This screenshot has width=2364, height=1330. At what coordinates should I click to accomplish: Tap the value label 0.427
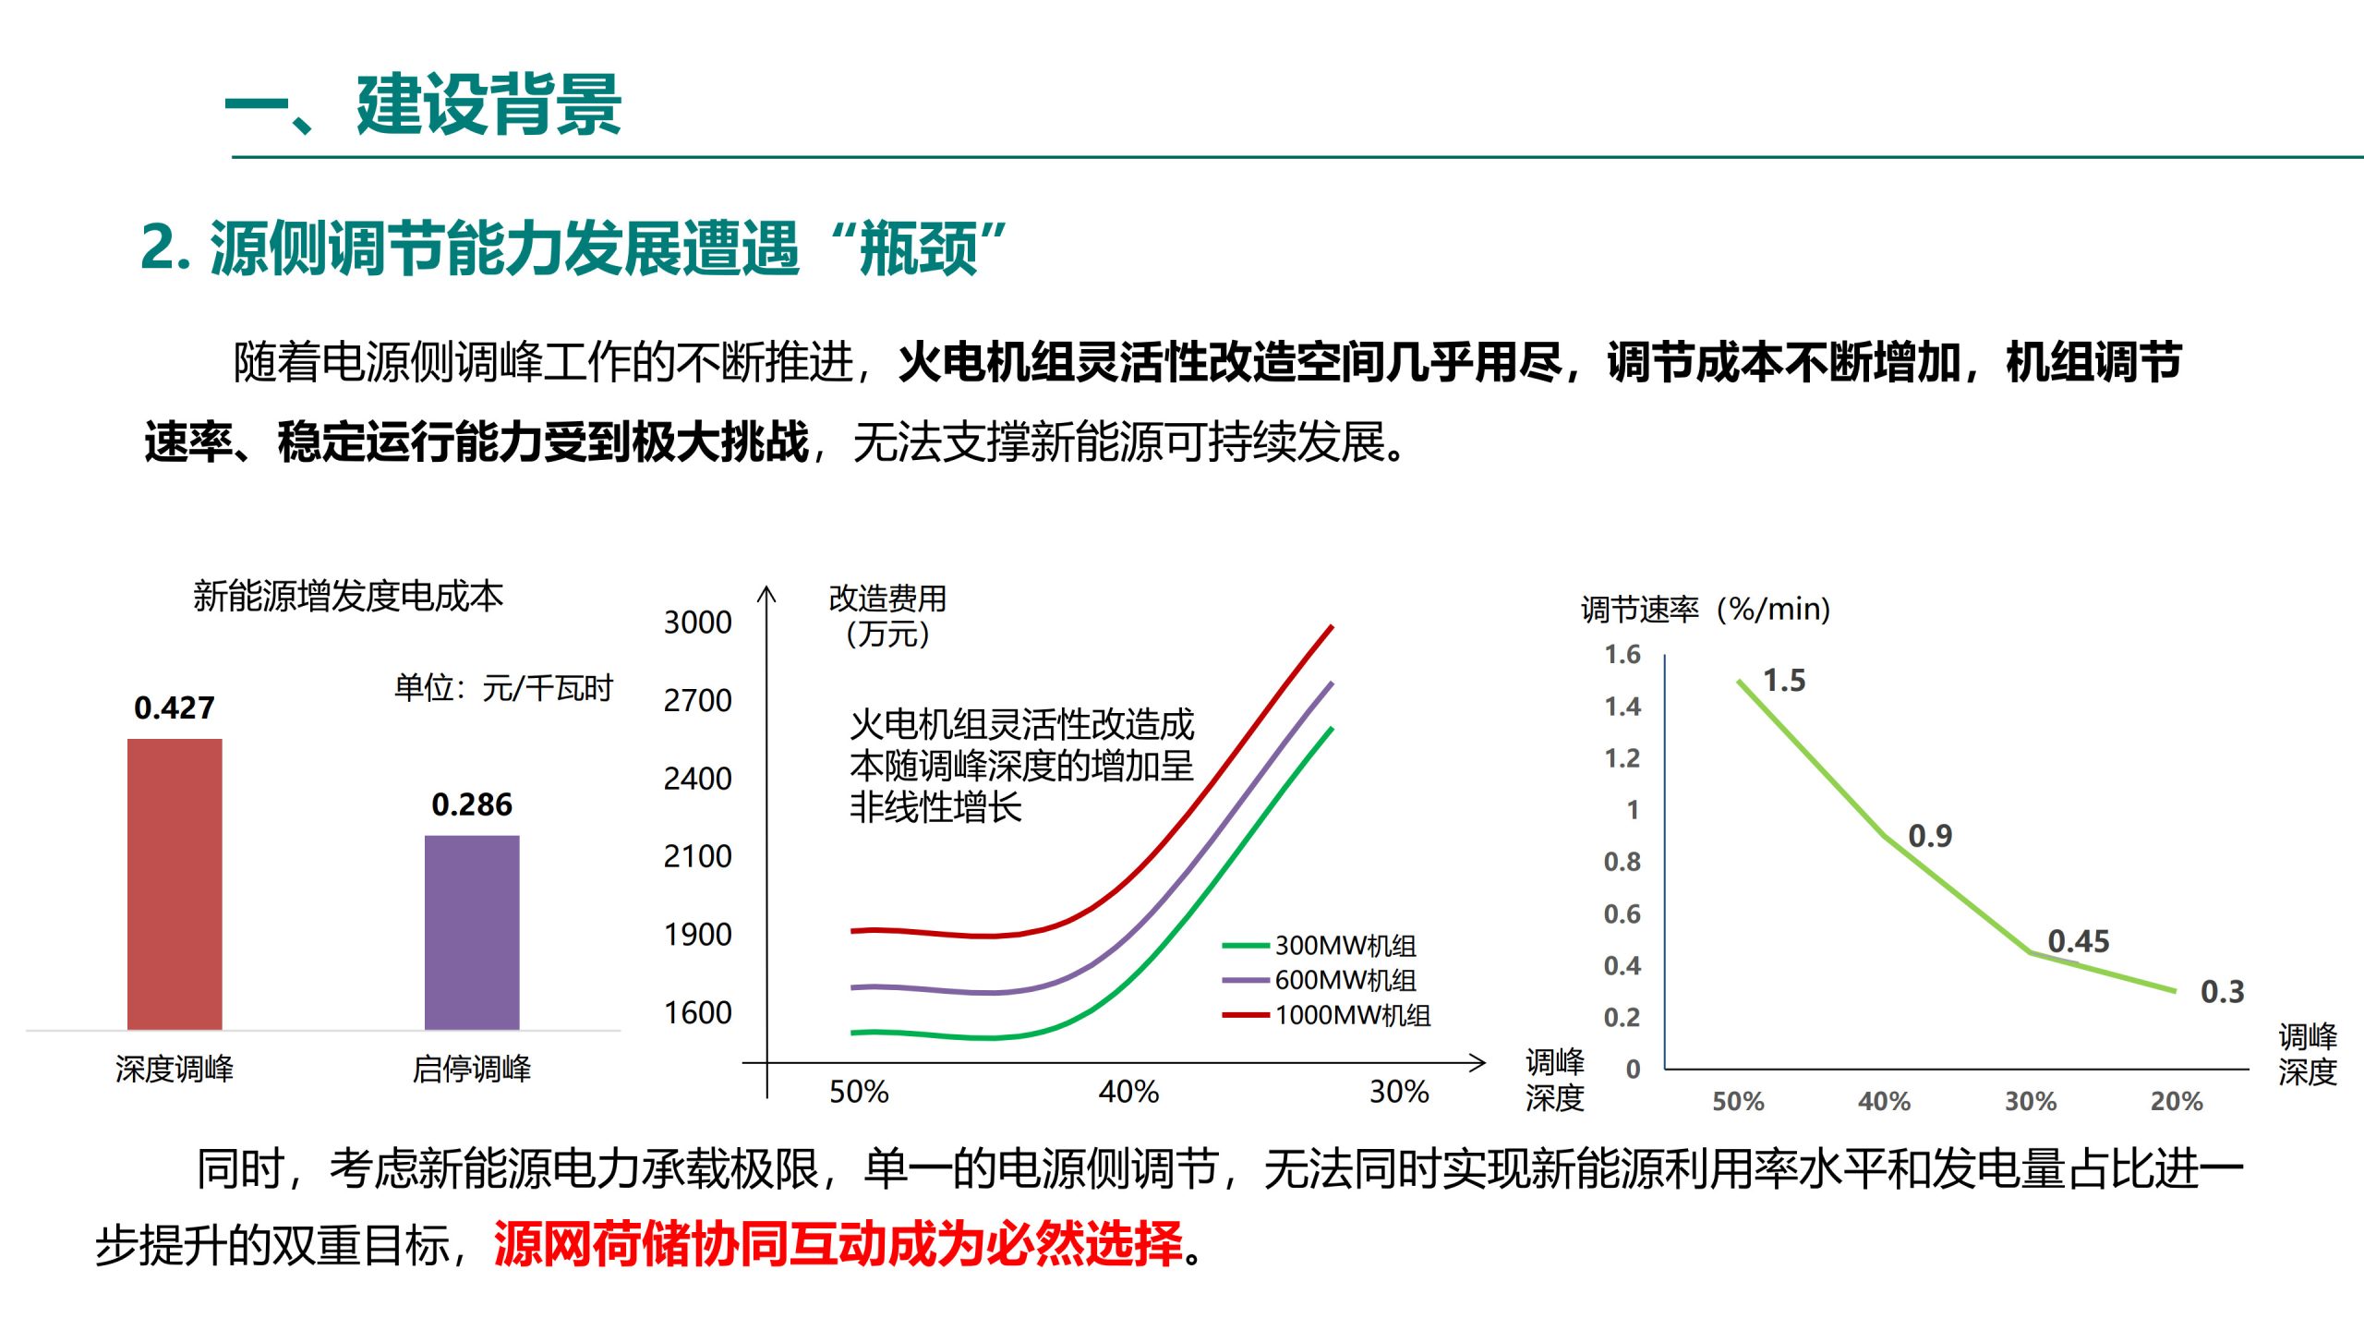[x=174, y=708]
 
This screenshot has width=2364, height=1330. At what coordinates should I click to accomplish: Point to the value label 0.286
[x=472, y=804]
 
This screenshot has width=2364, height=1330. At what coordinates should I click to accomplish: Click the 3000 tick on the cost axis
[x=697, y=623]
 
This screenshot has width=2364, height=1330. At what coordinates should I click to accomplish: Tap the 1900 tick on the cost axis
[x=697, y=935]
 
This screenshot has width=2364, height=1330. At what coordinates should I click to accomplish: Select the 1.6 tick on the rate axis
[x=1622, y=655]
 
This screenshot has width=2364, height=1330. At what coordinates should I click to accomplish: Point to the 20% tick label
[x=2177, y=1101]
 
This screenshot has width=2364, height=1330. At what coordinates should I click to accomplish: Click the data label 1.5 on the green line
[x=1784, y=681]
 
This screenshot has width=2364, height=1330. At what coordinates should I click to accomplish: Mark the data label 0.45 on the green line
[x=2079, y=941]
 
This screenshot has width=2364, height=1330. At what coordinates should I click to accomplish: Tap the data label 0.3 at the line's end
[x=2222, y=992]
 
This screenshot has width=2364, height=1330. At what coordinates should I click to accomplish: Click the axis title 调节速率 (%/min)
[x=1705, y=610]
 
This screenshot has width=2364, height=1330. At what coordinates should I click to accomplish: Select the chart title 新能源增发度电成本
[x=348, y=596]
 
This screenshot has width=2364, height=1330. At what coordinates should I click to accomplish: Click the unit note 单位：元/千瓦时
[x=503, y=688]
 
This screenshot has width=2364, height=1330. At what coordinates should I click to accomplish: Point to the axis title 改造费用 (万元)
[x=887, y=616]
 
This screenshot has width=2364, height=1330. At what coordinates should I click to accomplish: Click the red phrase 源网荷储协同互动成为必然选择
[x=838, y=1244]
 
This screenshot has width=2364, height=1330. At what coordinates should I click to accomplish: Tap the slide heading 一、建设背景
[x=423, y=105]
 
